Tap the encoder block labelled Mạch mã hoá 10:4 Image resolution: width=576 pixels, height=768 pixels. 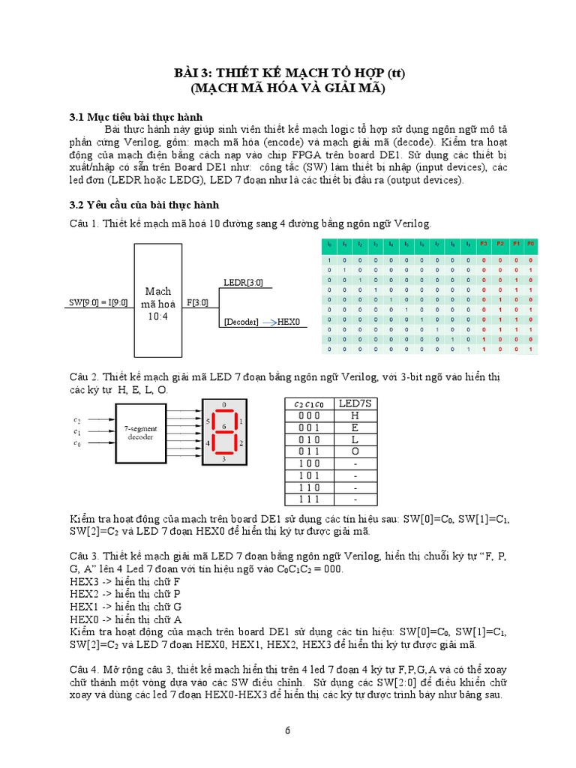point(157,302)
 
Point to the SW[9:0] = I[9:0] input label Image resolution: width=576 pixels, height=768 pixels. point(97,302)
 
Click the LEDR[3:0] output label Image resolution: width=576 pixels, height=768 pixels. point(244,283)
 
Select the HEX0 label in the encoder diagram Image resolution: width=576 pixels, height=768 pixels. point(289,322)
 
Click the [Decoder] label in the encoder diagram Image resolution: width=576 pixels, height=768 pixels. point(241,322)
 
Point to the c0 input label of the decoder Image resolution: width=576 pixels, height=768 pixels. point(76,444)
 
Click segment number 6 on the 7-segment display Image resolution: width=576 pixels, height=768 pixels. point(225,426)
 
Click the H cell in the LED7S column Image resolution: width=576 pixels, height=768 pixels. point(354,415)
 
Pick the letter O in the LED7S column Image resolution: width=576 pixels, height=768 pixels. point(354,451)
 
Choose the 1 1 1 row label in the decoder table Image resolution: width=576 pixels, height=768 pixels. point(307,499)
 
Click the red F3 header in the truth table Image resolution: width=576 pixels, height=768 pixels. point(484,244)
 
